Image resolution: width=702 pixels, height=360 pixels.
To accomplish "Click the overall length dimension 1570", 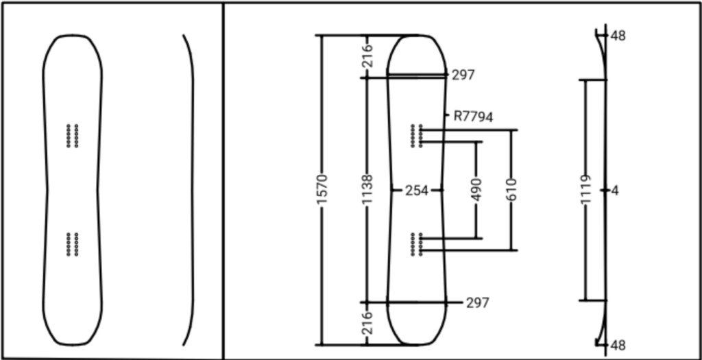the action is coord(322,190).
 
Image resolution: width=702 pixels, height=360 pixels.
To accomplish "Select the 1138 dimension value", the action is coord(367,190).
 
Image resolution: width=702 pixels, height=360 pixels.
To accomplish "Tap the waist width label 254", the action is coord(416,191).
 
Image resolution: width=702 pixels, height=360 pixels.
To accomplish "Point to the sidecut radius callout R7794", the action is coord(473,117).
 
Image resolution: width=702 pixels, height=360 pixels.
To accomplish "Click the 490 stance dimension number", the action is coord(476,190).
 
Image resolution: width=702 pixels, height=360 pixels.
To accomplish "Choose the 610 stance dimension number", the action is coord(511,190).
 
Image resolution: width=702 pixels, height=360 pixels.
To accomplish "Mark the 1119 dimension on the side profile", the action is coord(585,190).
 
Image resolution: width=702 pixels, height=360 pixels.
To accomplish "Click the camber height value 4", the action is coord(615,191).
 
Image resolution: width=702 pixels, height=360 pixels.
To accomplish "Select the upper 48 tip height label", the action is coord(618,36).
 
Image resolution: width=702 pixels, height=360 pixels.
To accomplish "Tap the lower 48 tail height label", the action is coord(618,346).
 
